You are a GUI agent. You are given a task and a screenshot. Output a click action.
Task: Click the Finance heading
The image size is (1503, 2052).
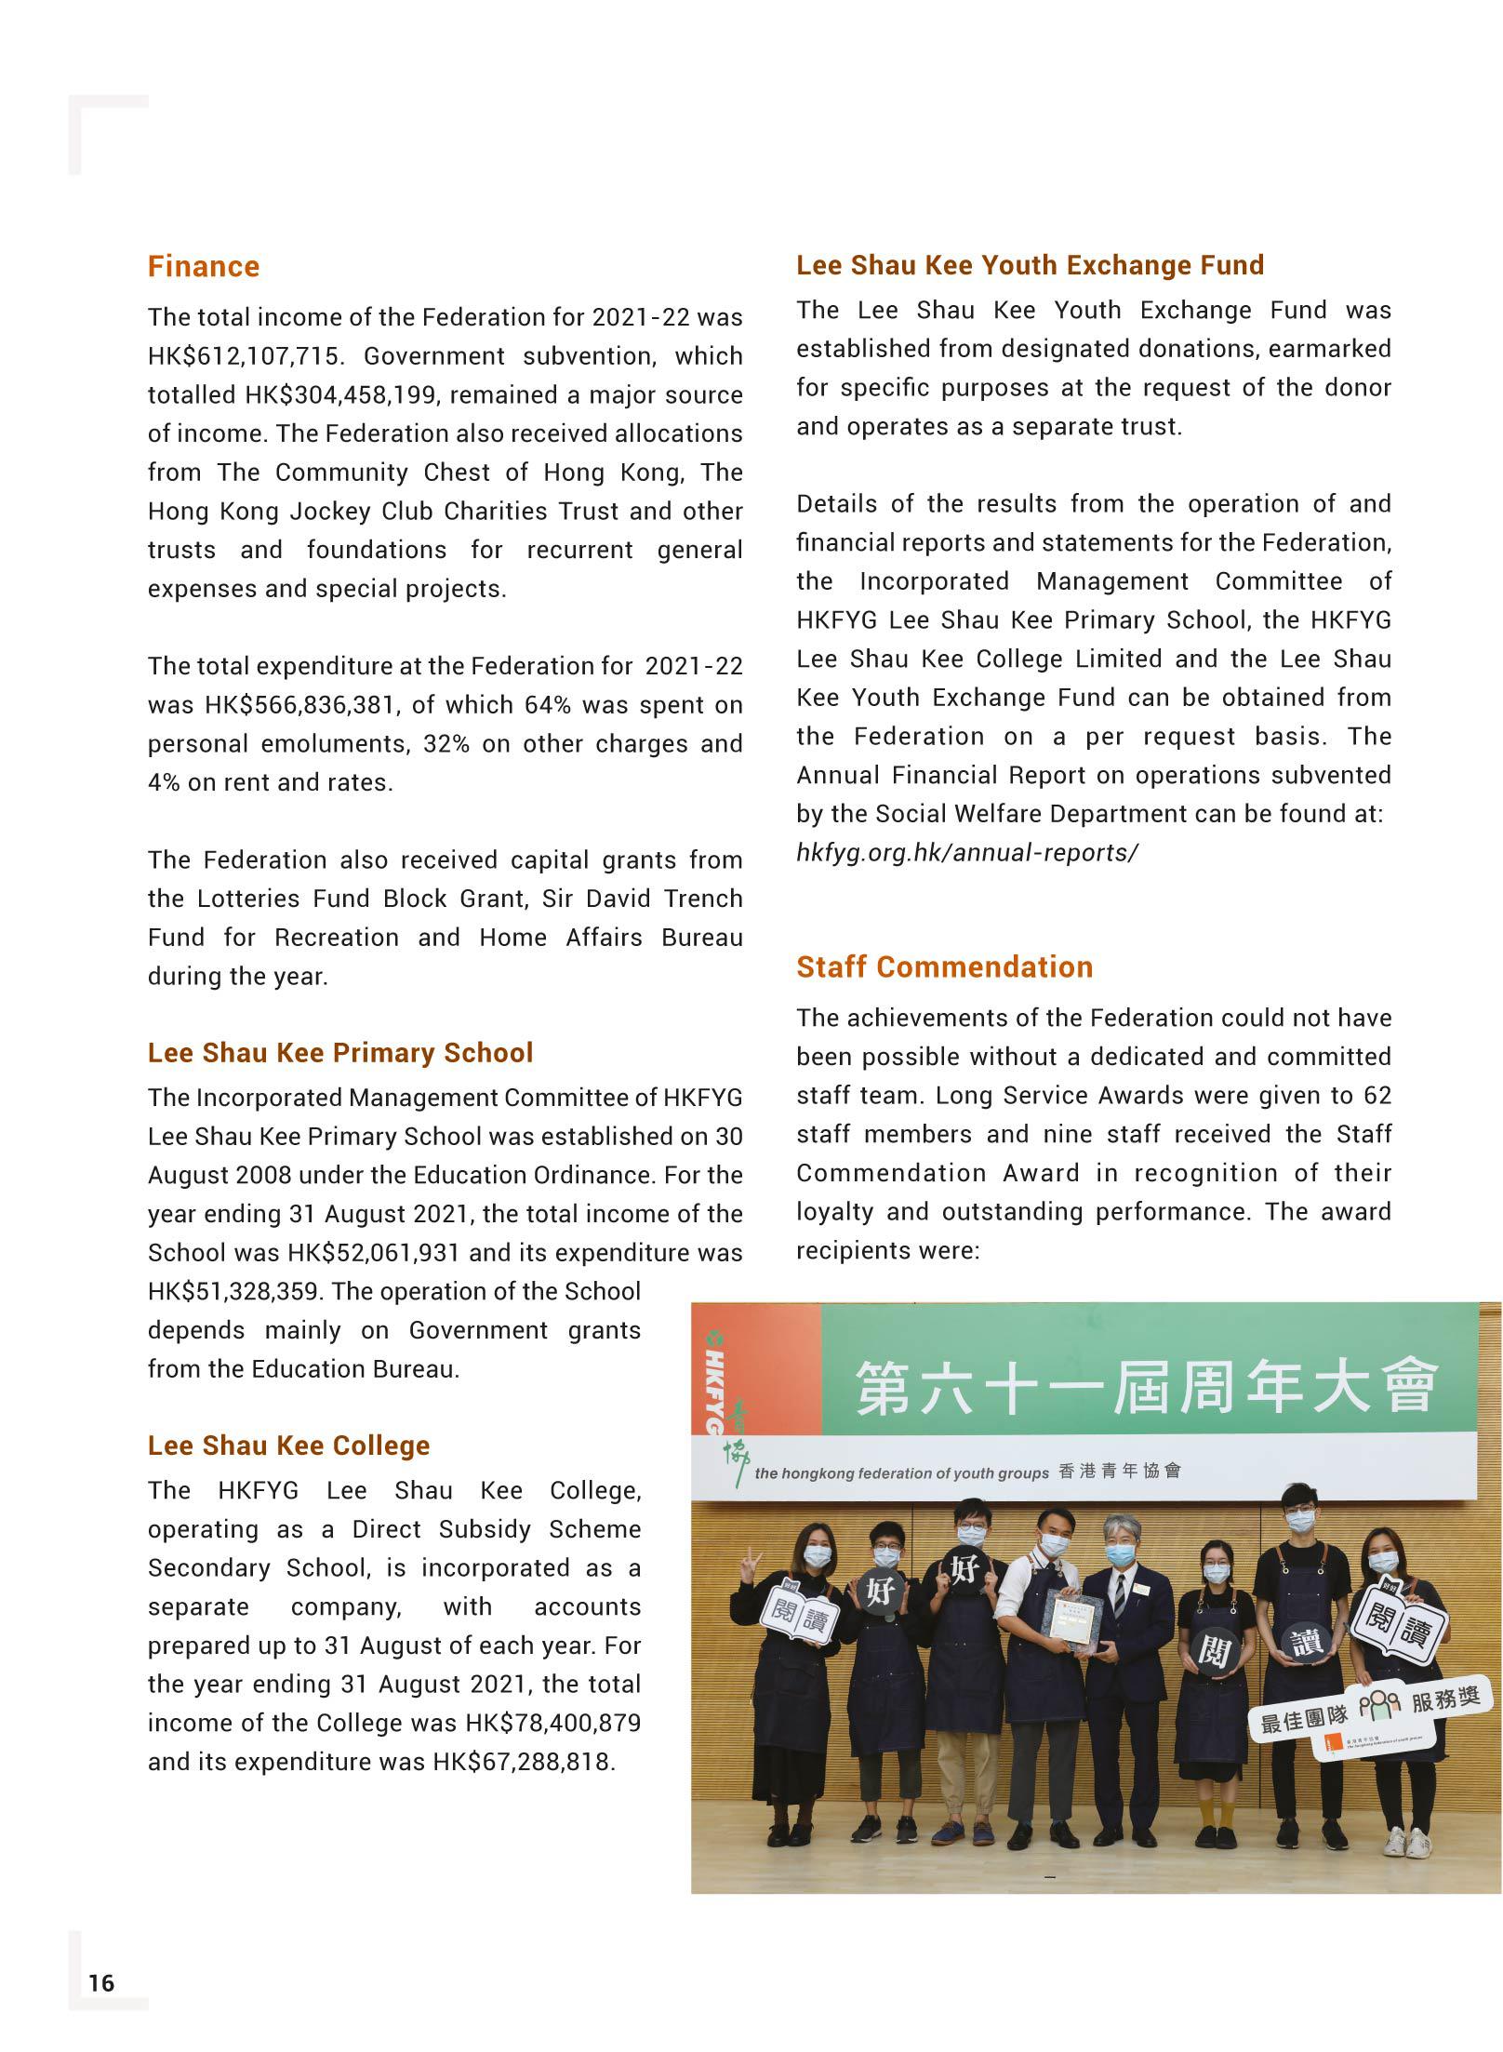click(203, 267)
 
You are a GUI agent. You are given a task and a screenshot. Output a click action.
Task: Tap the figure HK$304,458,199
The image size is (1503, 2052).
click(334, 395)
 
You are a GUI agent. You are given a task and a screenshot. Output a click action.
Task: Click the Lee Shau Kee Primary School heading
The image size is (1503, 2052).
click(340, 1053)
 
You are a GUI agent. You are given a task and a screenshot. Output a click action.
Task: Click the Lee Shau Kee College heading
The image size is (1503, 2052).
click(288, 1446)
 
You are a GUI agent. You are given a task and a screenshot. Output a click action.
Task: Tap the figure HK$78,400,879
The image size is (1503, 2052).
click(552, 1723)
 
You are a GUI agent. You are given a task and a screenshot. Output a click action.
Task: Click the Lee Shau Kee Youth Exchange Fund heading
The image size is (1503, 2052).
click(1030, 266)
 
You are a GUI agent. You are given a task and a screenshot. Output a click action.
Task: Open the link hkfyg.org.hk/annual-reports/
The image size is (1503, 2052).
click(966, 853)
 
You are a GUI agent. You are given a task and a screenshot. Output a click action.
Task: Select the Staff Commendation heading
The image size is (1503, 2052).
click(944, 967)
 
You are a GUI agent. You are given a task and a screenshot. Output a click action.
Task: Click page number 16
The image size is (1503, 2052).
click(101, 1983)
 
